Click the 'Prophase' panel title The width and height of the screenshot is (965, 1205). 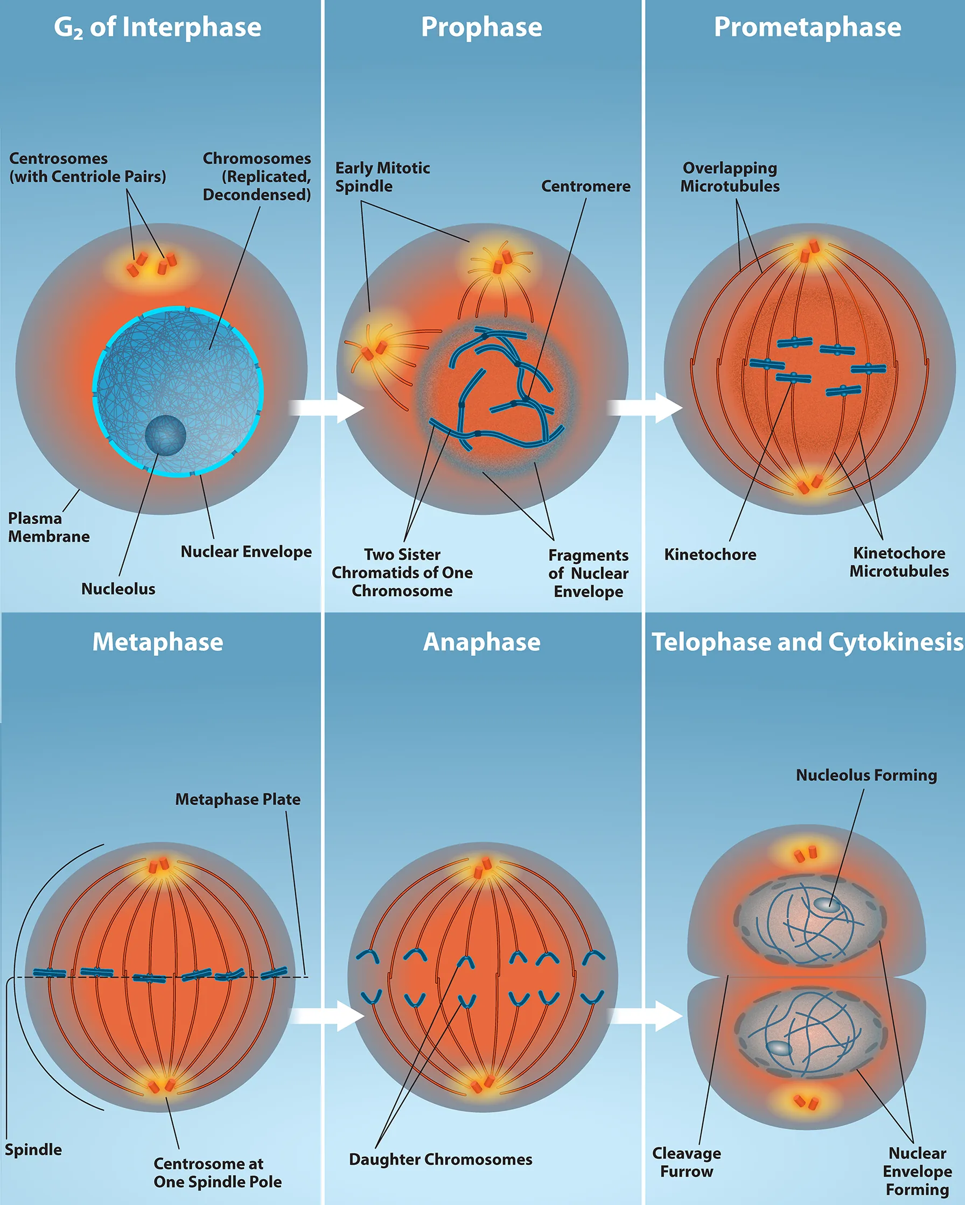click(481, 27)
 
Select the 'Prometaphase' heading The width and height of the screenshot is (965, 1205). click(807, 27)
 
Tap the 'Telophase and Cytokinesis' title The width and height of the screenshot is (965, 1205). click(807, 642)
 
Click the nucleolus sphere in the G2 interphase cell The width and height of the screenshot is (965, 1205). click(165, 435)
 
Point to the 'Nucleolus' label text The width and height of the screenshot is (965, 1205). click(118, 589)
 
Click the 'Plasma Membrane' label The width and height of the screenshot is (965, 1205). click(48, 527)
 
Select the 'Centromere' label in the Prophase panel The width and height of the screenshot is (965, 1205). click(585, 186)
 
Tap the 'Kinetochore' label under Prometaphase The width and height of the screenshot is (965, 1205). click(710, 554)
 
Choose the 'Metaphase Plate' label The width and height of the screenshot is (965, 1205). click(237, 799)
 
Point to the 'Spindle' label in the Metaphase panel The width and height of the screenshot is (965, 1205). click(33, 1150)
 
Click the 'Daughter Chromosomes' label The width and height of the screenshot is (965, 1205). click(440, 1159)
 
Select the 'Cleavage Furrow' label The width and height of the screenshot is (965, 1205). click(686, 1162)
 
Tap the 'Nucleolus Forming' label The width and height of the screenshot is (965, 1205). click(866, 775)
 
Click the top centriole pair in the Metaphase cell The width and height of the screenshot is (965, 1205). click(159, 866)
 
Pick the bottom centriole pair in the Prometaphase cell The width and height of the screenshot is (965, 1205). click(809, 484)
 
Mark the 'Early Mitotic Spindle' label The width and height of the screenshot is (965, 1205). click(382, 177)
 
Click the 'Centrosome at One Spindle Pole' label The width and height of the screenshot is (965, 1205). click(218, 1173)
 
